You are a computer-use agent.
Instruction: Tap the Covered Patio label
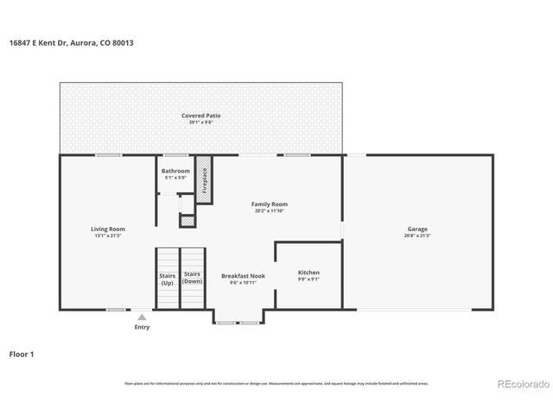coord(200,116)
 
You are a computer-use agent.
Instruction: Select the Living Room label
coord(109,229)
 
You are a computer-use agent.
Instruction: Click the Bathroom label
coord(175,171)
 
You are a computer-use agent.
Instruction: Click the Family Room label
coord(270,204)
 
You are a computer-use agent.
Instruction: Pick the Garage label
coord(417,229)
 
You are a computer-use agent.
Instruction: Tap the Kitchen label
coord(308,272)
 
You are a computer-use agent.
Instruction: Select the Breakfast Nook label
coord(243,275)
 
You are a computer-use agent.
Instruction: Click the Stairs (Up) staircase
coord(167,278)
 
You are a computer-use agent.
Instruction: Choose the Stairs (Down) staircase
coord(192,278)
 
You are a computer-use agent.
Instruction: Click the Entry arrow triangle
coord(142,317)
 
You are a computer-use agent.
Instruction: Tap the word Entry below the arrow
coord(142,327)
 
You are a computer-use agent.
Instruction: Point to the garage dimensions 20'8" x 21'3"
coord(417,235)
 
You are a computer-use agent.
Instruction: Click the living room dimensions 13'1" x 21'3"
coord(109,235)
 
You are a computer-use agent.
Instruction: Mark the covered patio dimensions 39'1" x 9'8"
coord(200,122)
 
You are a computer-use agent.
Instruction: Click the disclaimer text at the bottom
coord(276,383)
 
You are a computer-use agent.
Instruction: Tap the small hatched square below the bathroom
coord(187,221)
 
